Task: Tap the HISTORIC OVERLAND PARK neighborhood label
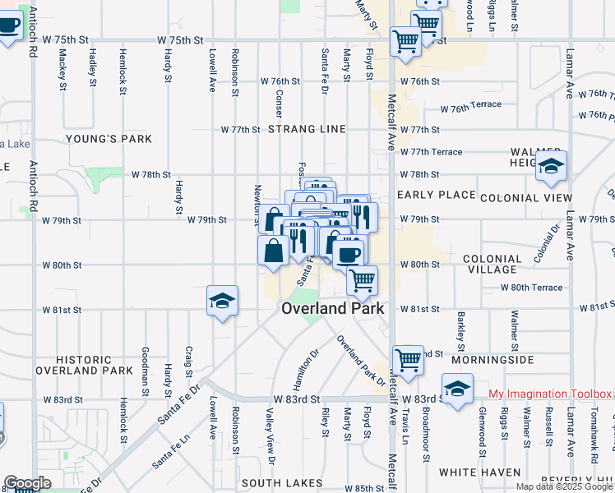95,366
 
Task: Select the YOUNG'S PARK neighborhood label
109,139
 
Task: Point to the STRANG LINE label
307,130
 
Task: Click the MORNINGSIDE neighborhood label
498,360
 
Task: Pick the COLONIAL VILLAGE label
492,264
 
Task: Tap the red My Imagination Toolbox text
550,394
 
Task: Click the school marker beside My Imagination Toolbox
458,388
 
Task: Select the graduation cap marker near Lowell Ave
222,301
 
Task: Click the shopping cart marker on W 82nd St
408,359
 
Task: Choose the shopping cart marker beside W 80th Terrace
362,280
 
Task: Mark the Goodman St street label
146,362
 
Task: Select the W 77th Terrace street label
431,152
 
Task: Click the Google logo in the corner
27,483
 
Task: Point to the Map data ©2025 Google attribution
563,486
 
